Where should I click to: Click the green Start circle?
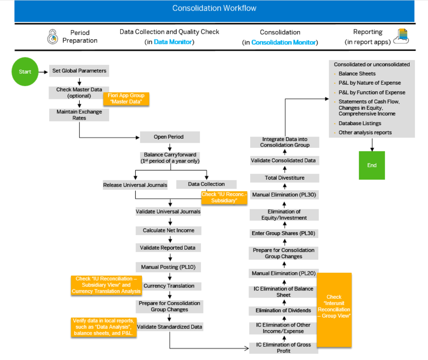point(25,72)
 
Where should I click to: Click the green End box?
point(372,165)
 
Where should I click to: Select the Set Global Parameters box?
point(79,71)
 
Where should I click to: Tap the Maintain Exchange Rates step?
point(79,115)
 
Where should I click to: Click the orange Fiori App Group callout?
point(126,99)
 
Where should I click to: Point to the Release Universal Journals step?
point(135,185)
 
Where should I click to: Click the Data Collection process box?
point(206,184)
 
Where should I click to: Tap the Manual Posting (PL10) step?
point(168,267)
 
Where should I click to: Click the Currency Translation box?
point(169,286)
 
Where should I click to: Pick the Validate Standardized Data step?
point(170,327)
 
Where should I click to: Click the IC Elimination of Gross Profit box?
point(284,348)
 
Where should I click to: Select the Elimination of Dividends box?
point(284,310)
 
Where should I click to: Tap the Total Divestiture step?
point(284,178)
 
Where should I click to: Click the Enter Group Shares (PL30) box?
point(284,233)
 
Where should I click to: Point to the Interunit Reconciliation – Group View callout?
point(334,309)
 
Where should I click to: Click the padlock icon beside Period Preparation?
point(52,37)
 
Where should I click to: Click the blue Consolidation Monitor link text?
point(284,43)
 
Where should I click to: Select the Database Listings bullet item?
point(360,123)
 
